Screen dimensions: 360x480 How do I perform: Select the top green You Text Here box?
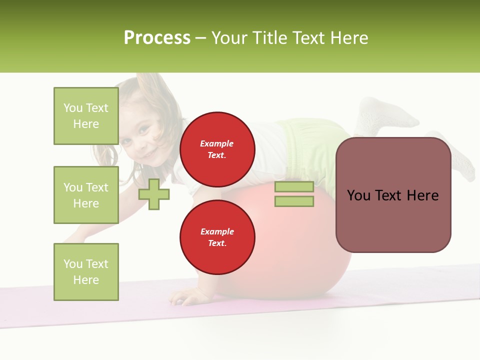86,116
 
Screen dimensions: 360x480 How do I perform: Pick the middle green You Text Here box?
86,195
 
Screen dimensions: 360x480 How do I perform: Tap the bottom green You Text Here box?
86,272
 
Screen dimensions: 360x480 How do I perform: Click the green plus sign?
154,194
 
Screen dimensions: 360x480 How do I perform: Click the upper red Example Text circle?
217,149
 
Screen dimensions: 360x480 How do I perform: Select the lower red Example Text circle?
217,237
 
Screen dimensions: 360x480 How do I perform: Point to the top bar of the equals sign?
294,187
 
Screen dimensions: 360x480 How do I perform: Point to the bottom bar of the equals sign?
294,201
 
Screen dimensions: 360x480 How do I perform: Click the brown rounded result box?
393,195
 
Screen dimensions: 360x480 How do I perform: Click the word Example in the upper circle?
217,143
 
